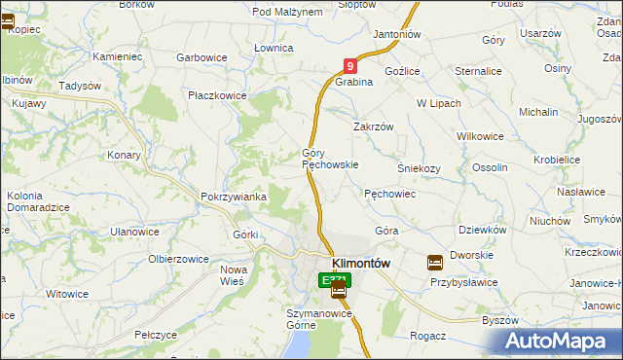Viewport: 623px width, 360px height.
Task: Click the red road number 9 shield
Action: pos(350,66)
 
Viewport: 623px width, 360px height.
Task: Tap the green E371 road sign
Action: pos(332,280)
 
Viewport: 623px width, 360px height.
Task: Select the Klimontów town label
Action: pos(361,263)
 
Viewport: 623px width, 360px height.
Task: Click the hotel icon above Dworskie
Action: pos(435,262)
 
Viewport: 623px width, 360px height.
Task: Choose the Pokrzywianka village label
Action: pos(234,197)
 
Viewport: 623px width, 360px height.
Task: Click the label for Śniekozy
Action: pos(420,167)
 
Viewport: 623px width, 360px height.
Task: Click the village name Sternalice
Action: pos(478,71)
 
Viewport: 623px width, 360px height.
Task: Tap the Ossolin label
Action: pos(490,167)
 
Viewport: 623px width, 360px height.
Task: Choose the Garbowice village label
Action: pos(202,57)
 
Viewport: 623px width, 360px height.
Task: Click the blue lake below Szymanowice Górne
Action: pos(302,342)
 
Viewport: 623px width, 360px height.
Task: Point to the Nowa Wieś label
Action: pos(234,275)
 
